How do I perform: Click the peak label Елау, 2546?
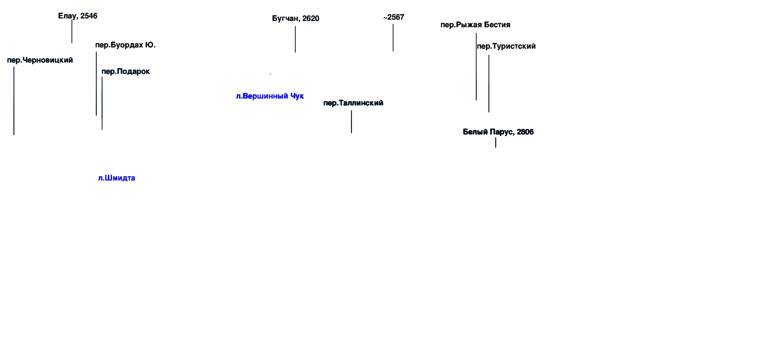[78, 16]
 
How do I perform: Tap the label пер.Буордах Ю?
[125, 45]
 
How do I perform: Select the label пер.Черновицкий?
[40, 60]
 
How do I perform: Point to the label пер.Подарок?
[126, 71]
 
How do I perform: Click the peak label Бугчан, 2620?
[295, 19]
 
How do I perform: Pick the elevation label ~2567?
[394, 17]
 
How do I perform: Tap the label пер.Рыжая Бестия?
[475, 25]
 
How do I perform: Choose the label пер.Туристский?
[506, 46]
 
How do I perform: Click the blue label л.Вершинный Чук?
[270, 96]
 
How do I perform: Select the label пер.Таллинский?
[353, 103]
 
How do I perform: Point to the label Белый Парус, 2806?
[498, 132]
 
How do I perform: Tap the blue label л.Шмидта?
[117, 178]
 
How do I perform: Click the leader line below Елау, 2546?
[72, 31]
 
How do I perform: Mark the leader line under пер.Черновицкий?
[14, 101]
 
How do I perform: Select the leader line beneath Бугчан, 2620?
[295, 39]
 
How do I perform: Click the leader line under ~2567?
[393, 37]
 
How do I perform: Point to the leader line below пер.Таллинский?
[352, 122]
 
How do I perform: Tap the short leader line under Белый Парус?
[496, 143]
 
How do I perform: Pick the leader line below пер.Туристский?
[489, 84]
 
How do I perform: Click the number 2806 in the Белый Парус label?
[525, 132]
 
